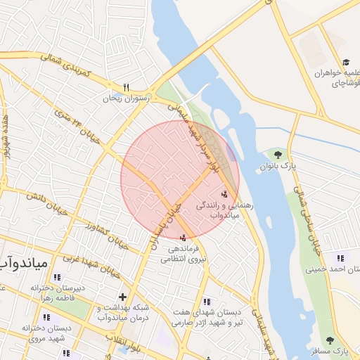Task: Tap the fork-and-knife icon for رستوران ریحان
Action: click(127, 87)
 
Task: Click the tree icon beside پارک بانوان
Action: click(278, 154)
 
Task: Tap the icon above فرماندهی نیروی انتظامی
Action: click(184, 237)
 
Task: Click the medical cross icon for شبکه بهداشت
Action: click(123, 297)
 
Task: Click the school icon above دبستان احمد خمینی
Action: click(340, 258)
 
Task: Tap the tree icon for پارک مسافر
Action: click(330, 340)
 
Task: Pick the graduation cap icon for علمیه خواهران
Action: click(345, 62)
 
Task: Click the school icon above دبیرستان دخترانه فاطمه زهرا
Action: click(46, 277)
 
